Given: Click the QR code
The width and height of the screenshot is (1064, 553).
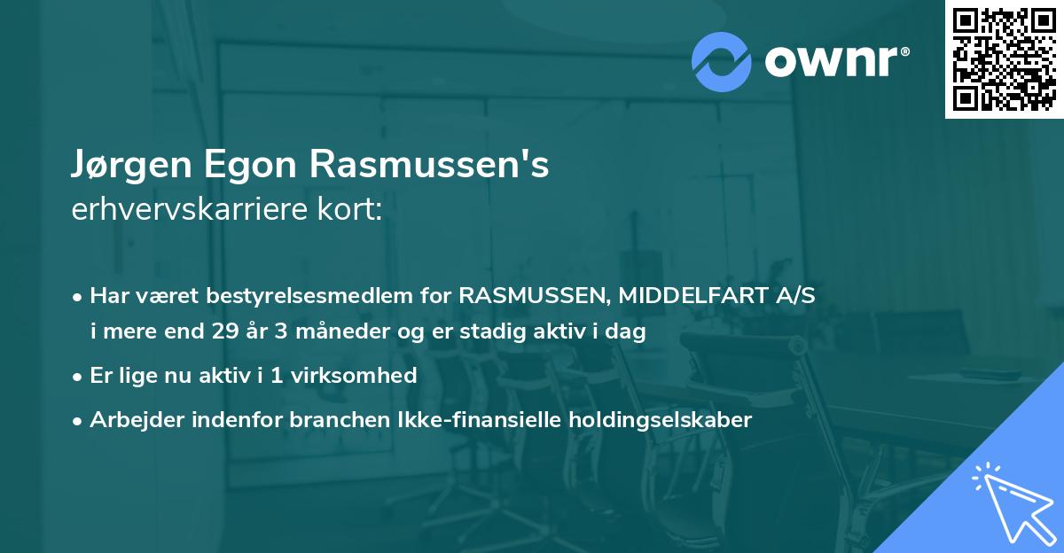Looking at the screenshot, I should coord(1004,58).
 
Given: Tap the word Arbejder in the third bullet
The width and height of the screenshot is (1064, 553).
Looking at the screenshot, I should coord(129,419).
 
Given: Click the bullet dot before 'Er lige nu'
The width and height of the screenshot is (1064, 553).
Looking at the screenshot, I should coord(79,376).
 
